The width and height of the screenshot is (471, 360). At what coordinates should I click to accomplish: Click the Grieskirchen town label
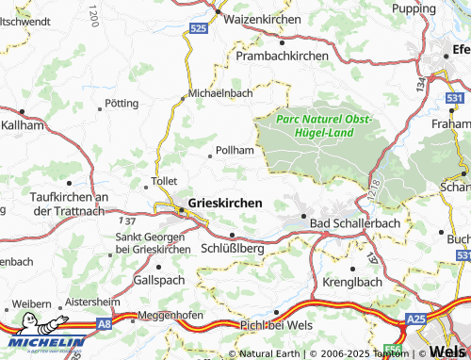pyautogui.click(x=226, y=202)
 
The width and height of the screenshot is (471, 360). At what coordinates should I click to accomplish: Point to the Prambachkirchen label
pyautogui.click(x=283, y=56)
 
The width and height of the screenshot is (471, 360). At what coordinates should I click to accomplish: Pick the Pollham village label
pyautogui.click(x=235, y=150)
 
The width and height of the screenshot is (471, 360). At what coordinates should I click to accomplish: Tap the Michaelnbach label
pyautogui.click(x=220, y=94)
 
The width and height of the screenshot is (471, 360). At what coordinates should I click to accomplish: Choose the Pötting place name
pyautogui.click(x=122, y=103)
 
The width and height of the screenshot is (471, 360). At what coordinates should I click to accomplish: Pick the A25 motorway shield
pyautogui.click(x=416, y=320)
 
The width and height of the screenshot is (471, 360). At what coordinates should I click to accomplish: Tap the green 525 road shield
pyautogui.click(x=197, y=30)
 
